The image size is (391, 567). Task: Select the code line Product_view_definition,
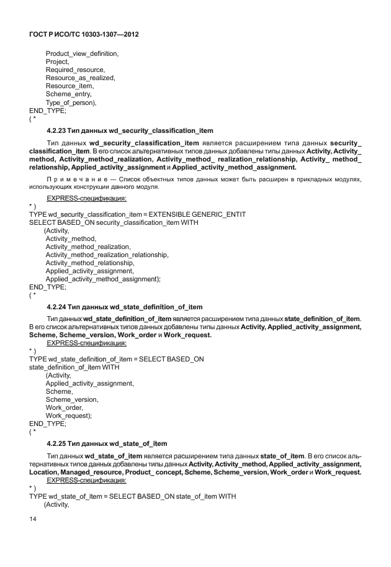tap(82, 54)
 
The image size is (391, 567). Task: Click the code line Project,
tap(59, 62)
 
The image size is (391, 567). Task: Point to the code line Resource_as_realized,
tap(81, 78)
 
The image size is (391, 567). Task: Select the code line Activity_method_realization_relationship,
tap(107, 255)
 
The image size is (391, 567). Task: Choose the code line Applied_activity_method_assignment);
tap(103, 279)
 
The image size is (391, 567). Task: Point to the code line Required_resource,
tap(75, 70)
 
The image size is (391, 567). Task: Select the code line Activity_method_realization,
tap(88, 247)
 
